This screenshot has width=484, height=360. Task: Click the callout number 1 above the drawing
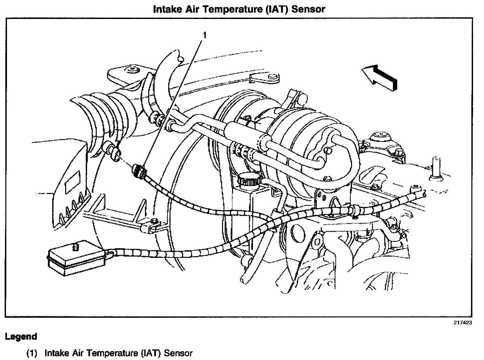tap(205, 35)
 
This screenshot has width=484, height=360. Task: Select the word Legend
tap(21, 336)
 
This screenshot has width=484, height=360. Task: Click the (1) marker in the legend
tap(32, 353)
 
